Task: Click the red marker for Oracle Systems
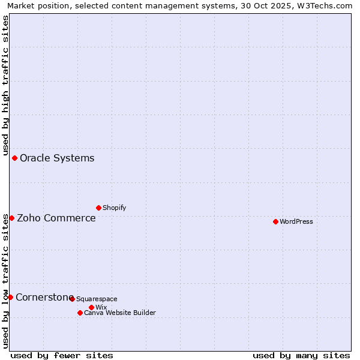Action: point(14,158)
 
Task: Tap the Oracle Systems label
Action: point(57,158)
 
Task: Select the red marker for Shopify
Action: point(98,208)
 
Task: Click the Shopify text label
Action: point(114,208)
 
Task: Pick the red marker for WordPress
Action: point(275,221)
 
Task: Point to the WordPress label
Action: point(296,222)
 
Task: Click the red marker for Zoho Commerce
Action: point(11,218)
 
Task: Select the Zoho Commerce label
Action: point(56,218)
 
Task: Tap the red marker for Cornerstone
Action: point(10,297)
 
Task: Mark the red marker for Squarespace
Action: point(72,299)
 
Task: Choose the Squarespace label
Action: point(97,299)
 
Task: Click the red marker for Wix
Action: point(91,307)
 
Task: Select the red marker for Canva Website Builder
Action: point(80,313)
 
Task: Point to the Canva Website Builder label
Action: point(120,313)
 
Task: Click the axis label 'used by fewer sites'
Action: point(62,355)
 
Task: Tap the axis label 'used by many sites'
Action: point(301,355)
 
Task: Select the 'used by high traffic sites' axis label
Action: point(5,84)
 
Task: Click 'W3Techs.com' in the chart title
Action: point(327,5)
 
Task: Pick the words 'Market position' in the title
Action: point(32,5)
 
